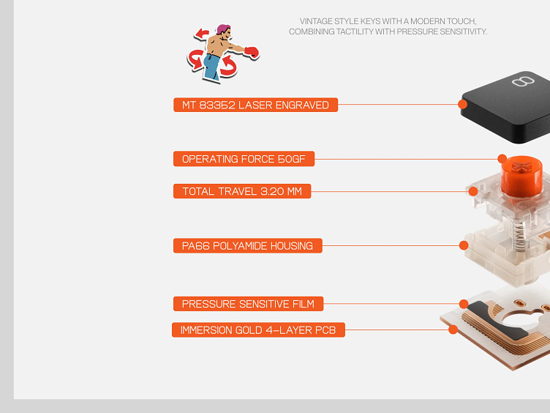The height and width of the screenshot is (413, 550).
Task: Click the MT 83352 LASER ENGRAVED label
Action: (x=256, y=105)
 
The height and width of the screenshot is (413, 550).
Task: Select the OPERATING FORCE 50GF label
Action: (x=244, y=159)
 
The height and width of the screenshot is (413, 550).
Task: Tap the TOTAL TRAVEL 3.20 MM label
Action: (x=242, y=191)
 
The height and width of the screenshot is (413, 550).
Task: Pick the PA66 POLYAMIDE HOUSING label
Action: (x=248, y=245)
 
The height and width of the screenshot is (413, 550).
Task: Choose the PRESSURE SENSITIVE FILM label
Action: (x=249, y=304)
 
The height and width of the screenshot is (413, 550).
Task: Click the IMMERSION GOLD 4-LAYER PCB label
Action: (x=258, y=330)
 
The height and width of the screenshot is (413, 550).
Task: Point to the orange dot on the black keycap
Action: (x=463, y=104)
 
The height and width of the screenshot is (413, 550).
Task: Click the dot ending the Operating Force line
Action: (x=502, y=158)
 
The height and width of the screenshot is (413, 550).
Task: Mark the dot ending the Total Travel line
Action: (x=473, y=191)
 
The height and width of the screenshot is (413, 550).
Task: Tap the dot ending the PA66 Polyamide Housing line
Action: (x=464, y=245)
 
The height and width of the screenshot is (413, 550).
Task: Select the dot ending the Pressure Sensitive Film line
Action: (x=464, y=304)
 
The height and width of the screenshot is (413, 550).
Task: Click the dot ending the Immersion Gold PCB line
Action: (x=453, y=330)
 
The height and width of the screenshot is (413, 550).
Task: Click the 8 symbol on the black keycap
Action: (x=523, y=81)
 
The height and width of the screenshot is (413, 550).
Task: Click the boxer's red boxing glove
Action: (x=252, y=52)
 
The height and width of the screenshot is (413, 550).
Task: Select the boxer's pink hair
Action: (x=223, y=29)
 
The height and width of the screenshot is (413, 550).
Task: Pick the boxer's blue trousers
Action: (x=212, y=67)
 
